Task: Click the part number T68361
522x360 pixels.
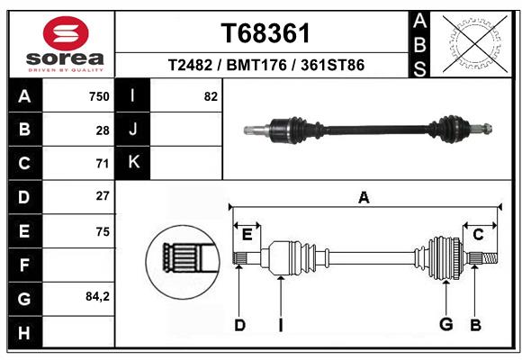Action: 265,33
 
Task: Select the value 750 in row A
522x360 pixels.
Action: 99,96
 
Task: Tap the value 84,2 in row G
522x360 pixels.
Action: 96,296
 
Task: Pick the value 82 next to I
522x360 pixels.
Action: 211,96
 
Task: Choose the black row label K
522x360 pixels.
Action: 133,163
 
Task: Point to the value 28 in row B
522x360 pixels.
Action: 103,130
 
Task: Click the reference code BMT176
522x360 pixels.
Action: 266,66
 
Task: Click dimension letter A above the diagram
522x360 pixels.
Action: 364,197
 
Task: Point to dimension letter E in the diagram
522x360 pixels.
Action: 247,235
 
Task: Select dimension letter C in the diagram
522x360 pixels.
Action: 479,235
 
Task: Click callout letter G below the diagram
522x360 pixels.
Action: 445,325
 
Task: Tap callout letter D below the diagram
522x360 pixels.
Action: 239,325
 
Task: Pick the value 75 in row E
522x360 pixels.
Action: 103,231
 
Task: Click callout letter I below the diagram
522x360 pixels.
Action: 280,325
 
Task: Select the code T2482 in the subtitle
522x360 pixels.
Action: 190,66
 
